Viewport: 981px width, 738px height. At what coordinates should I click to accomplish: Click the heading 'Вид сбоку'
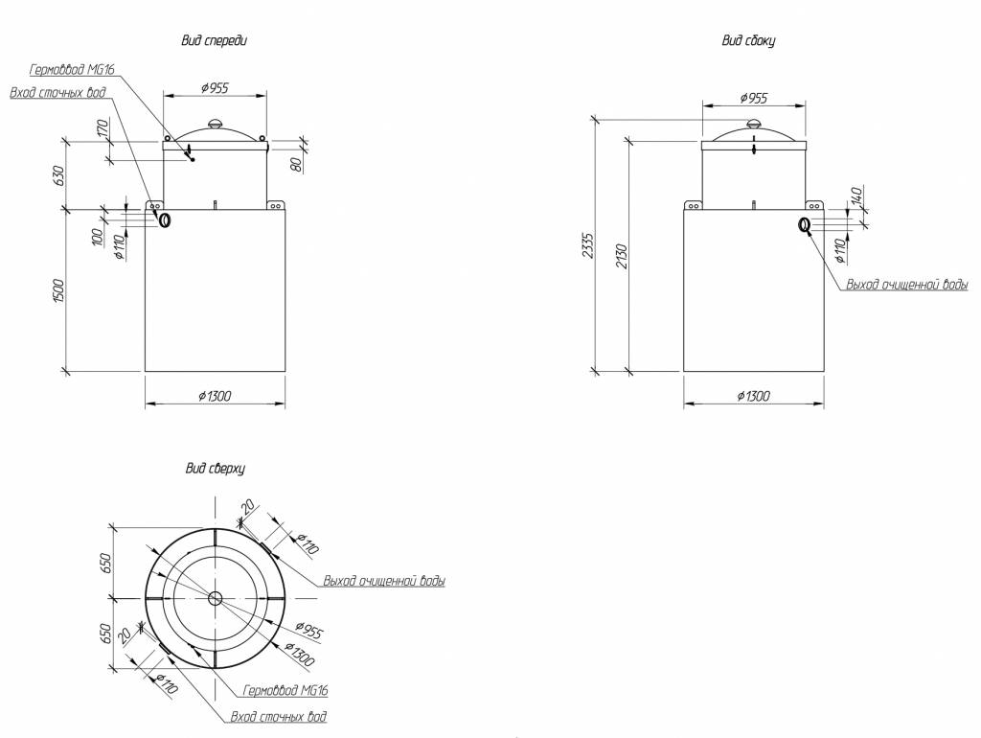tap(747, 40)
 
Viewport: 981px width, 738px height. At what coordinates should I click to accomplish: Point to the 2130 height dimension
tap(620, 256)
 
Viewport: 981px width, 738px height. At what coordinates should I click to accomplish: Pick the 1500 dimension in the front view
tap(58, 289)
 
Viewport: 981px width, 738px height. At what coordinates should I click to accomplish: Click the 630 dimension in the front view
tap(58, 174)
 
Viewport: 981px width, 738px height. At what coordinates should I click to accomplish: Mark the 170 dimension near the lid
tap(102, 128)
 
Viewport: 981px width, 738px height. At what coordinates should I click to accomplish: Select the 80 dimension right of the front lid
tap(298, 163)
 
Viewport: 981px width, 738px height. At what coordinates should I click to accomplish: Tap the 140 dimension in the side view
tap(856, 196)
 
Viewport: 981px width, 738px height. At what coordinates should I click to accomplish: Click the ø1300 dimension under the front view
tap(216, 396)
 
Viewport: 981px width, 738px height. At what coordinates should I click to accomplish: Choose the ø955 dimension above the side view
tap(753, 98)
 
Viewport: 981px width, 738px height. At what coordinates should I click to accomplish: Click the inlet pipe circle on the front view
tap(165, 220)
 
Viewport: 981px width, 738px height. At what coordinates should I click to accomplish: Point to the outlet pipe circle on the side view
tap(804, 225)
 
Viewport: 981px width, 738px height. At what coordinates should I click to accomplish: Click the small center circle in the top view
tap(215, 598)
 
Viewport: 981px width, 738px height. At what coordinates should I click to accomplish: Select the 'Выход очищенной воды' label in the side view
tap(906, 285)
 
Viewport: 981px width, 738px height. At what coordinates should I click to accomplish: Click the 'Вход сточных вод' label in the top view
tap(279, 716)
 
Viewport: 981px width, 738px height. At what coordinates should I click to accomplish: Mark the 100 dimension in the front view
tap(97, 237)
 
